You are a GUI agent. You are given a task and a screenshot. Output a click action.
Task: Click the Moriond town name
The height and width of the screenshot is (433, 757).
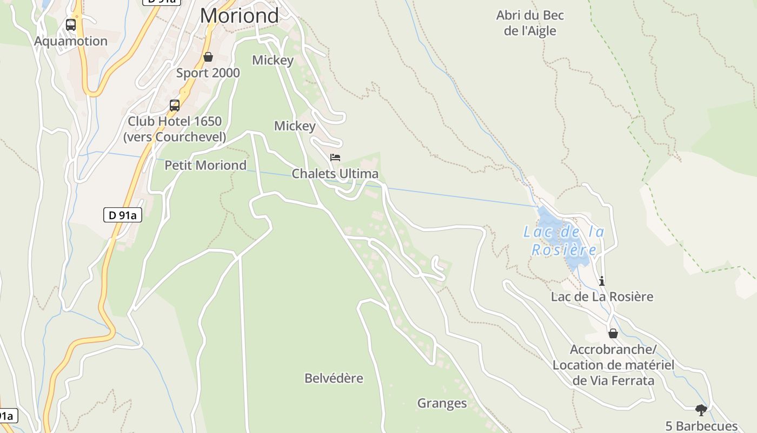coord(239,15)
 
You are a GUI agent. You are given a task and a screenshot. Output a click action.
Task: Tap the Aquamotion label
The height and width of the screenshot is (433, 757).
coord(71,41)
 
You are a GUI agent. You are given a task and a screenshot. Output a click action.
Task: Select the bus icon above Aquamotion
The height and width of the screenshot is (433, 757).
coord(71,25)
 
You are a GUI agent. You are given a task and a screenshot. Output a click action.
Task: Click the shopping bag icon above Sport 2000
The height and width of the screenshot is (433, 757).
coord(208,57)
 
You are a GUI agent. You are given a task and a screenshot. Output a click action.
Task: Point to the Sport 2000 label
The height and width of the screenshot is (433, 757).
coord(208,73)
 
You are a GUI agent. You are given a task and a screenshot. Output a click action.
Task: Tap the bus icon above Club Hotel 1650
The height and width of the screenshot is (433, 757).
coord(175,106)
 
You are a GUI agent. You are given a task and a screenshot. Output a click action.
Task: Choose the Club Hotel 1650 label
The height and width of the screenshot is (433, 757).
coord(175,129)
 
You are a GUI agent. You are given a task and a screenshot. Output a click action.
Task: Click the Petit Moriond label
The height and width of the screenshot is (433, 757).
coord(205,165)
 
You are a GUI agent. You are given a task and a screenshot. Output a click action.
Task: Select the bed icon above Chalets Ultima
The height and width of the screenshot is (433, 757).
coord(335,158)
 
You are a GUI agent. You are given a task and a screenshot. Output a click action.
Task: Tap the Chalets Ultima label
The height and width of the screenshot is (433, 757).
coord(335,174)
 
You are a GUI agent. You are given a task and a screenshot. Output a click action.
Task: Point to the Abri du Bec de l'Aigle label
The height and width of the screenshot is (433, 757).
coord(530,23)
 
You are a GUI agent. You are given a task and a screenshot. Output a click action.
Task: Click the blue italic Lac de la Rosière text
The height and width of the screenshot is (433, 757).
coord(564,241)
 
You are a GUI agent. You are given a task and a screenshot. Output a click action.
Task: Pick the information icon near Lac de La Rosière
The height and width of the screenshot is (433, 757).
coord(602,281)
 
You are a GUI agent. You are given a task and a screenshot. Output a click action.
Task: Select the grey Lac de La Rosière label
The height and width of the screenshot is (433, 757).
coord(602,297)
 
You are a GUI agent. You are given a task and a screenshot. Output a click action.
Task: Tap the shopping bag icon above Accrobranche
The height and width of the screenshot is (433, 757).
coord(613,333)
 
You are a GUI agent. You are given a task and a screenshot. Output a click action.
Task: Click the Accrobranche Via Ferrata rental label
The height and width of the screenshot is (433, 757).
coord(613,364)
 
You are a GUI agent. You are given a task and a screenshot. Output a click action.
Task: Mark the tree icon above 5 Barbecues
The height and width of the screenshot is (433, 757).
coord(701,410)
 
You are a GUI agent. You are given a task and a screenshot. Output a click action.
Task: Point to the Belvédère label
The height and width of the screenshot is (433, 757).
coord(334,378)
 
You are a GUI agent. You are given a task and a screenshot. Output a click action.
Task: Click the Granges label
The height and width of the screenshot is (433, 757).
coord(442,403)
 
